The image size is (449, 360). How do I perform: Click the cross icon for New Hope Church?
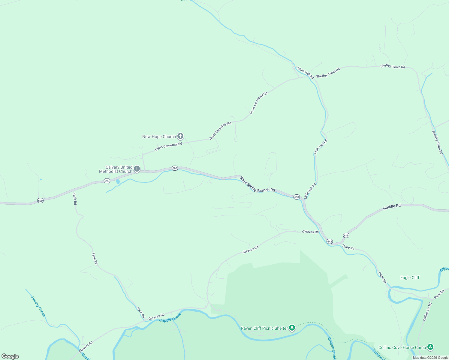pyautogui.click(x=180, y=136)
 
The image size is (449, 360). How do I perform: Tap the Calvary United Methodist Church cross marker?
pyautogui.click(x=137, y=169)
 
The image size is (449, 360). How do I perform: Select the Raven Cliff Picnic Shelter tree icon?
pyautogui.click(x=292, y=328)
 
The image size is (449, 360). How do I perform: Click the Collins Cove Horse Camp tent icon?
pyautogui.click(x=430, y=347)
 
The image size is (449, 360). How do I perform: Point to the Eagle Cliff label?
pyautogui.click(x=410, y=277)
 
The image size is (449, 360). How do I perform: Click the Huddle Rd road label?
pyautogui.click(x=392, y=207)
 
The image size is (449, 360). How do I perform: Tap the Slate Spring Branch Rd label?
pyautogui.click(x=257, y=184)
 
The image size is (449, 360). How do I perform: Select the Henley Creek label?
pyautogui.click(x=38, y=306)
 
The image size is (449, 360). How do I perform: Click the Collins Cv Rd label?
pyautogui.click(x=427, y=312)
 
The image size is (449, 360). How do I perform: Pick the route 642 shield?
pyautogui.click(x=330, y=241)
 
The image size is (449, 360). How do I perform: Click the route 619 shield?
pyautogui.click(x=346, y=235)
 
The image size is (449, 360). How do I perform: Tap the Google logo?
pyautogui.click(x=10, y=356)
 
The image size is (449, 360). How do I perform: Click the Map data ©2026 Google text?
pyautogui.click(x=430, y=358)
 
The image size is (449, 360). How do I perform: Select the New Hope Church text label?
pyautogui.click(x=159, y=136)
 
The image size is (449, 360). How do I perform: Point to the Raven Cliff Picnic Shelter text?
pyautogui.click(x=264, y=328)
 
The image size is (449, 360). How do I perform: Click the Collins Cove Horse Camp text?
pyautogui.click(x=402, y=347)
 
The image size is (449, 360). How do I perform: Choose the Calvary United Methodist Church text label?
pyautogui.click(x=116, y=169)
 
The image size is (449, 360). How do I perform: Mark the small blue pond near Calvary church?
pyautogui.click(x=118, y=182)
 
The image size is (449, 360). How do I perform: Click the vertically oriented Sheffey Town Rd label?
pyautogui.click(x=437, y=142)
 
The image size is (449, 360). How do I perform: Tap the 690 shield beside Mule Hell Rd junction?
pyautogui.click(x=297, y=197)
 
